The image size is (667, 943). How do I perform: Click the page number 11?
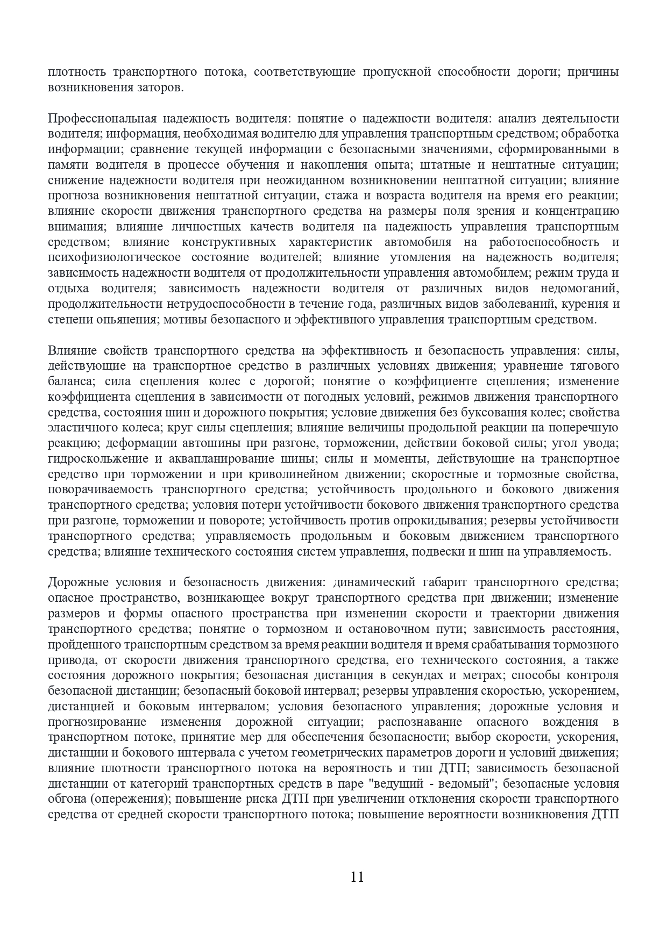click(x=357, y=877)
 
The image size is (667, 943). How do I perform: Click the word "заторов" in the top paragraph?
click(x=157, y=87)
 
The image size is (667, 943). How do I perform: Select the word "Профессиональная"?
click(x=102, y=118)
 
